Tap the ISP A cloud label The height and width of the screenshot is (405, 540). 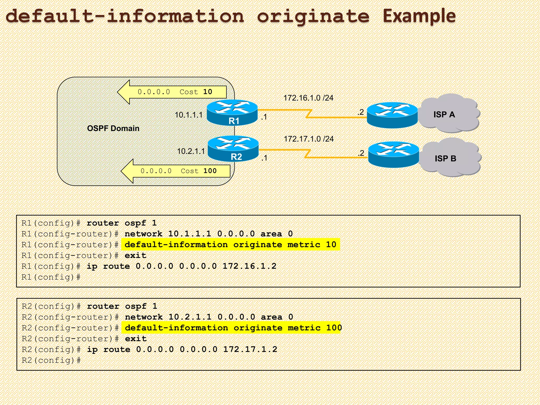point(444,114)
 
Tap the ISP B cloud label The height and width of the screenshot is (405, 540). point(445,158)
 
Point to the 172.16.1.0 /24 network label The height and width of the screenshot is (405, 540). point(308,98)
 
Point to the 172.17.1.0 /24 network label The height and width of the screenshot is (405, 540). point(308,139)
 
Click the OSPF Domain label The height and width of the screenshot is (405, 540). point(113,128)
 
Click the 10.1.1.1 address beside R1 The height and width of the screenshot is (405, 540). point(189,115)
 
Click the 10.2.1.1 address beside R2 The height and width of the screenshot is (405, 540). point(191,151)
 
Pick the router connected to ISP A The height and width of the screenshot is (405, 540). point(392,115)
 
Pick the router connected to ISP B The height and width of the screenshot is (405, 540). point(393,155)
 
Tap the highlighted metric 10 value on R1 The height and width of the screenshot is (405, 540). point(331,245)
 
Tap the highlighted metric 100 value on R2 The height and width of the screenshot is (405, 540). point(334,328)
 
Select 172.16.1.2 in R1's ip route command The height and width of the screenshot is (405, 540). point(249,266)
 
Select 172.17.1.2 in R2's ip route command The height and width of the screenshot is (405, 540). point(250,349)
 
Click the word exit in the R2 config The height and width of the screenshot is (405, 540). point(136,339)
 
